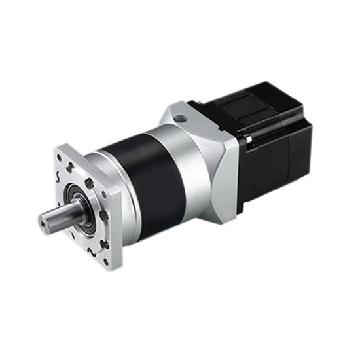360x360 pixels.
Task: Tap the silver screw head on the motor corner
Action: pos(244,139)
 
